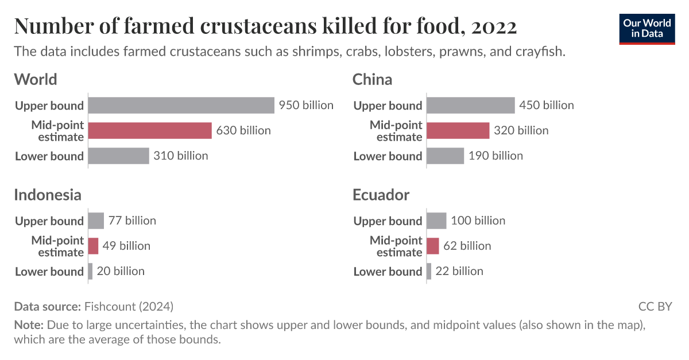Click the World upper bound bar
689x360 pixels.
tap(181, 106)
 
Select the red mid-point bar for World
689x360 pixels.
tap(150, 131)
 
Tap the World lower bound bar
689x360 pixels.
tap(118, 156)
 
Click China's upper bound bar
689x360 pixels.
tap(471, 106)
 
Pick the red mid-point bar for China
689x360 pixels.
tap(458, 131)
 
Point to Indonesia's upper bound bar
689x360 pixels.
tap(96, 221)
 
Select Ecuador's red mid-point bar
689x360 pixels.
tap(433, 246)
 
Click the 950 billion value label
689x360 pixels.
tap(306, 106)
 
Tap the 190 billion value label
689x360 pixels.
tap(496, 156)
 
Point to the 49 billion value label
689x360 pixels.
tap(126, 246)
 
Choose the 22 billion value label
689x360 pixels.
tap(459, 271)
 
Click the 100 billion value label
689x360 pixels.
tap(478, 221)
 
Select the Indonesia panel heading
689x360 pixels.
tap(48, 195)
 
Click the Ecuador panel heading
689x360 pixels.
tap(381, 195)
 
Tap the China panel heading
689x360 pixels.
tap(372, 80)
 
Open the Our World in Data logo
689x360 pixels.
tap(647, 29)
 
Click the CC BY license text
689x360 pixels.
tap(655, 306)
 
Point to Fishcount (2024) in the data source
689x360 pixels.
tap(129, 306)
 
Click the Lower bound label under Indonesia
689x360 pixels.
tap(49, 272)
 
